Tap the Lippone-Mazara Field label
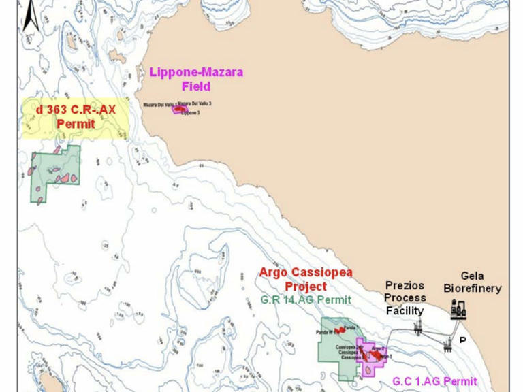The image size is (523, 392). [x=196, y=79]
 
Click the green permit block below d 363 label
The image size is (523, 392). [x=54, y=174]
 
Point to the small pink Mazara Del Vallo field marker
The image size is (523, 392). [x=180, y=108]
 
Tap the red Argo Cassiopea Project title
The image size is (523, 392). [x=306, y=279]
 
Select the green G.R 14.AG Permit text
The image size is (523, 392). [x=306, y=299]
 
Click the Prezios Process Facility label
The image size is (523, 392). [x=405, y=298]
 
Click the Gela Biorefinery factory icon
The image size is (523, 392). [x=459, y=311]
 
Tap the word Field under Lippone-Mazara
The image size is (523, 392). [x=196, y=86]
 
